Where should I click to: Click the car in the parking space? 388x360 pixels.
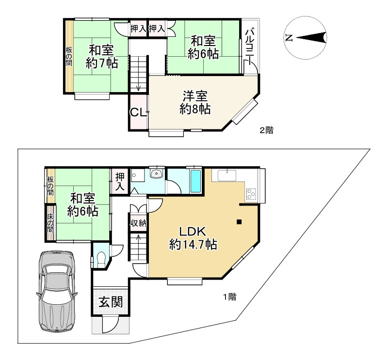click(56, 291)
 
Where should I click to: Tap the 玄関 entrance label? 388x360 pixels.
click(111, 302)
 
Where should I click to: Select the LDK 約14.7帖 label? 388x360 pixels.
click(193, 238)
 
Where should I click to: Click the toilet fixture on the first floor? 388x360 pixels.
click(101, 260)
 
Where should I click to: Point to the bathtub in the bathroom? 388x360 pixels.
click(195, 182)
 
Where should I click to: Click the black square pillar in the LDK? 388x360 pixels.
click(239, 222)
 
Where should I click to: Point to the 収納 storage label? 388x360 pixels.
click(139, 223)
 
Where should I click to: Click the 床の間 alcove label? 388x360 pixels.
click(50, 223)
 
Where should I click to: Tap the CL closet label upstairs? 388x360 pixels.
click(138, 113)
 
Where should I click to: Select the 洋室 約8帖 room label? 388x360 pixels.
click(195, 103)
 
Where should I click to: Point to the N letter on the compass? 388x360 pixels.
click(289, 38)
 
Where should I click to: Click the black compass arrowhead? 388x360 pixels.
click(311, 38)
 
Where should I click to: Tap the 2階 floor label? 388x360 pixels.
click(266, 130)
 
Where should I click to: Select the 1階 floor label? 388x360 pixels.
click(230, 297)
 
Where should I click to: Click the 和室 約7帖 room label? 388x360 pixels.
click(101, 56)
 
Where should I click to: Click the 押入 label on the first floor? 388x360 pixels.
click(120, 182)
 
